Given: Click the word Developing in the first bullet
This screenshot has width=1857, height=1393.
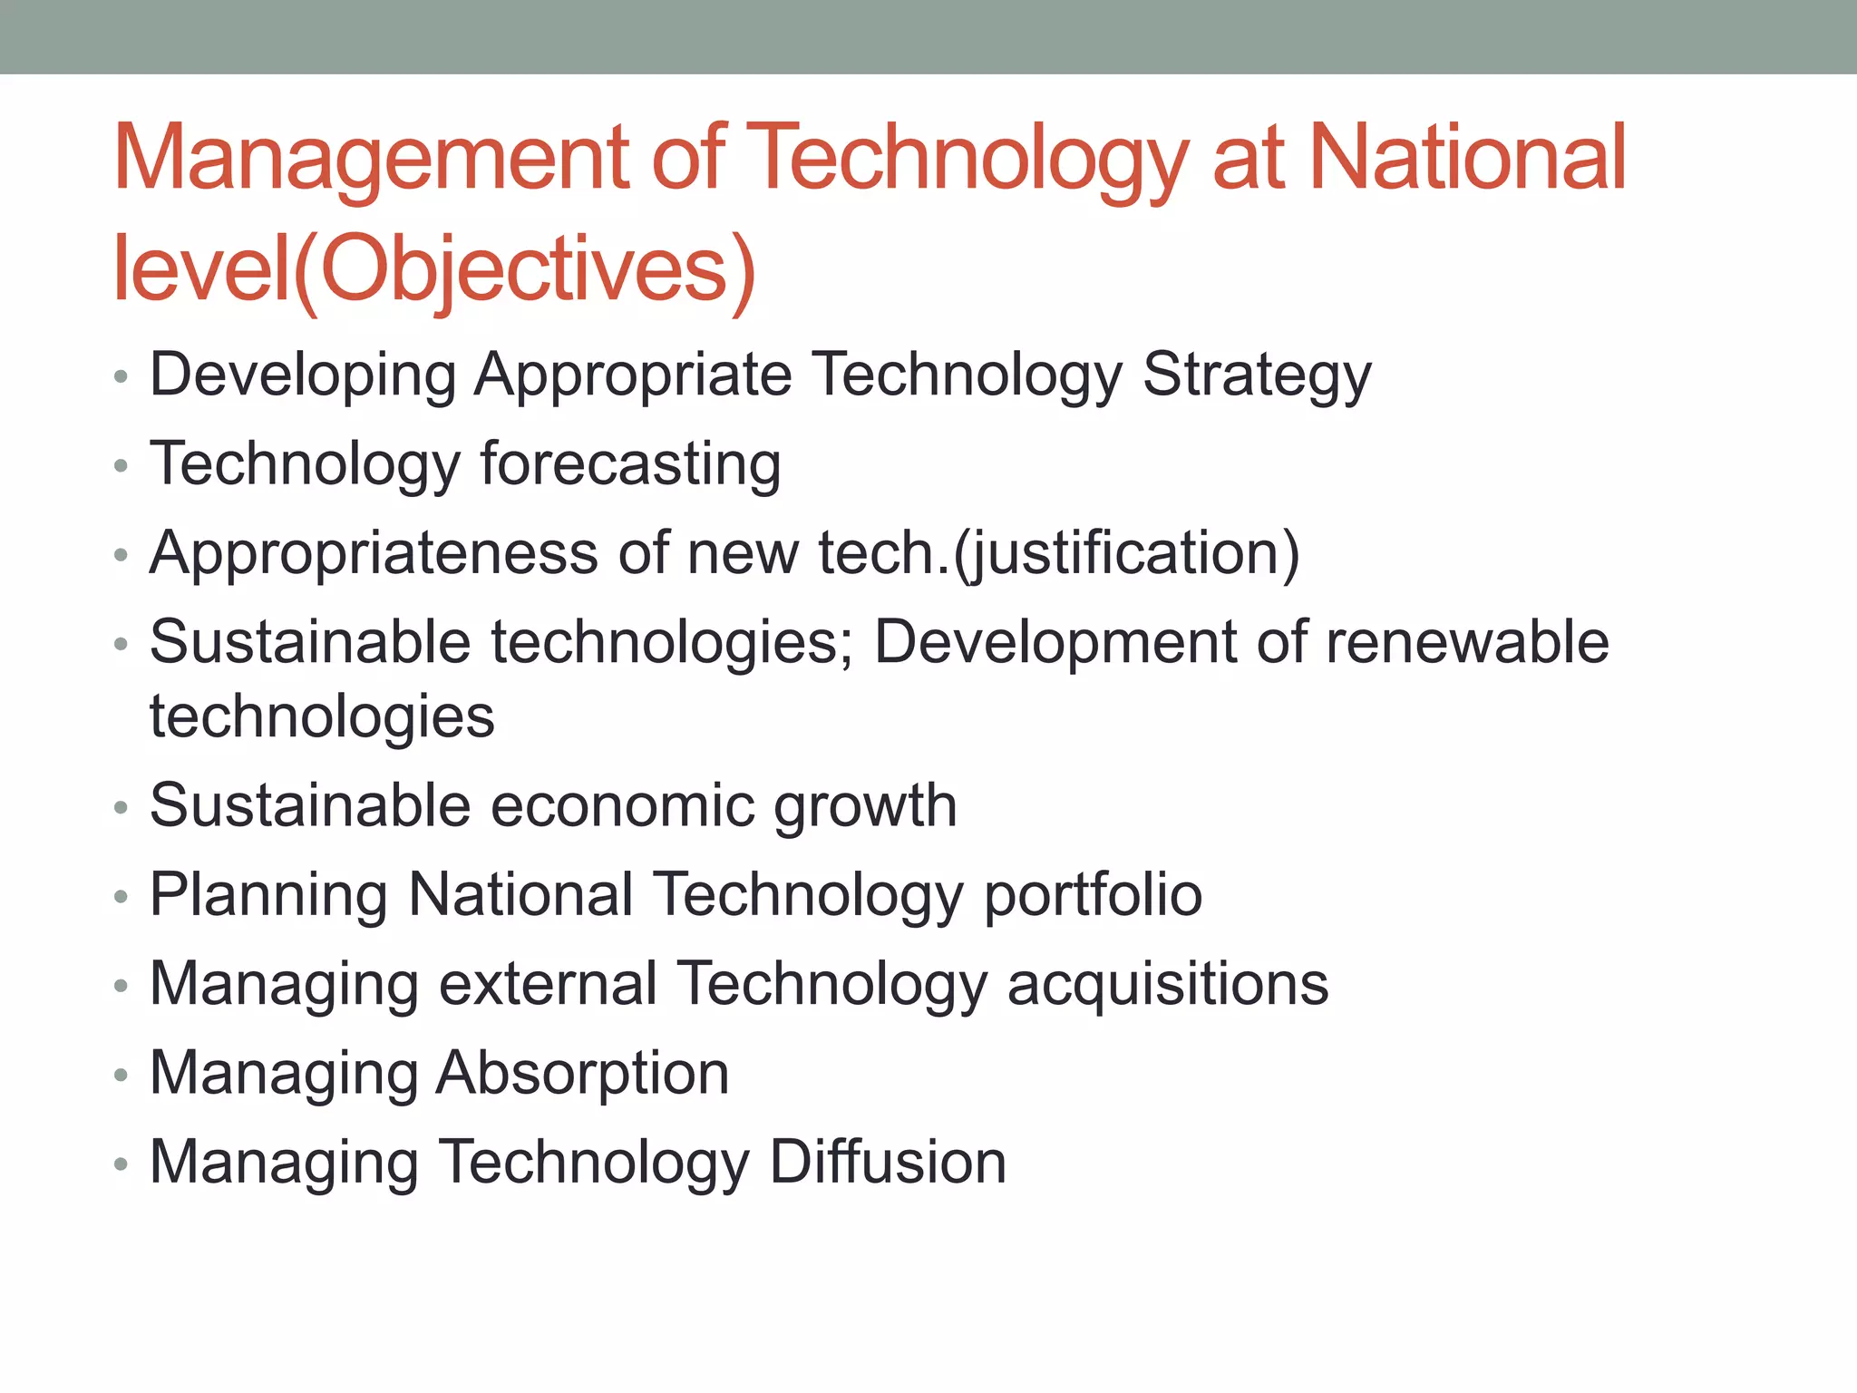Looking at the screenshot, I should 302,375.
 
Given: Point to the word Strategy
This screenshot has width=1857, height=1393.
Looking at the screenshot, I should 1257,375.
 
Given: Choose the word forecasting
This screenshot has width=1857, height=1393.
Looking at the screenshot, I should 630,464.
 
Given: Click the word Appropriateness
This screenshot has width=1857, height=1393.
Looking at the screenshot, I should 374,553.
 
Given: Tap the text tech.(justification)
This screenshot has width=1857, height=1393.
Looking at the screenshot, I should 1059,553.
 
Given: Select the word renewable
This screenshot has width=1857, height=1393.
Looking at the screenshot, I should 1467,642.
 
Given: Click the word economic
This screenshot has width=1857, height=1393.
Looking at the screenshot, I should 622,805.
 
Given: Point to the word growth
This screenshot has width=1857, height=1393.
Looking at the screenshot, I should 865,807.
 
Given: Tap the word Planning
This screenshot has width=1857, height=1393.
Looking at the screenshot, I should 268,896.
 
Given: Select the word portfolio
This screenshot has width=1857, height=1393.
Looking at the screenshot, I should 1093,896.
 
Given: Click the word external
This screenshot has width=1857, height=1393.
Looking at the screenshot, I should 548,984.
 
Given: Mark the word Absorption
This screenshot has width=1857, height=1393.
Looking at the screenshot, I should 582,1074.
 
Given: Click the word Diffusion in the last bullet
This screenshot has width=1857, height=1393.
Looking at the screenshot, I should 888,1163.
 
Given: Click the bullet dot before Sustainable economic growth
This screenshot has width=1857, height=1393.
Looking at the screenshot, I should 122,809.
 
